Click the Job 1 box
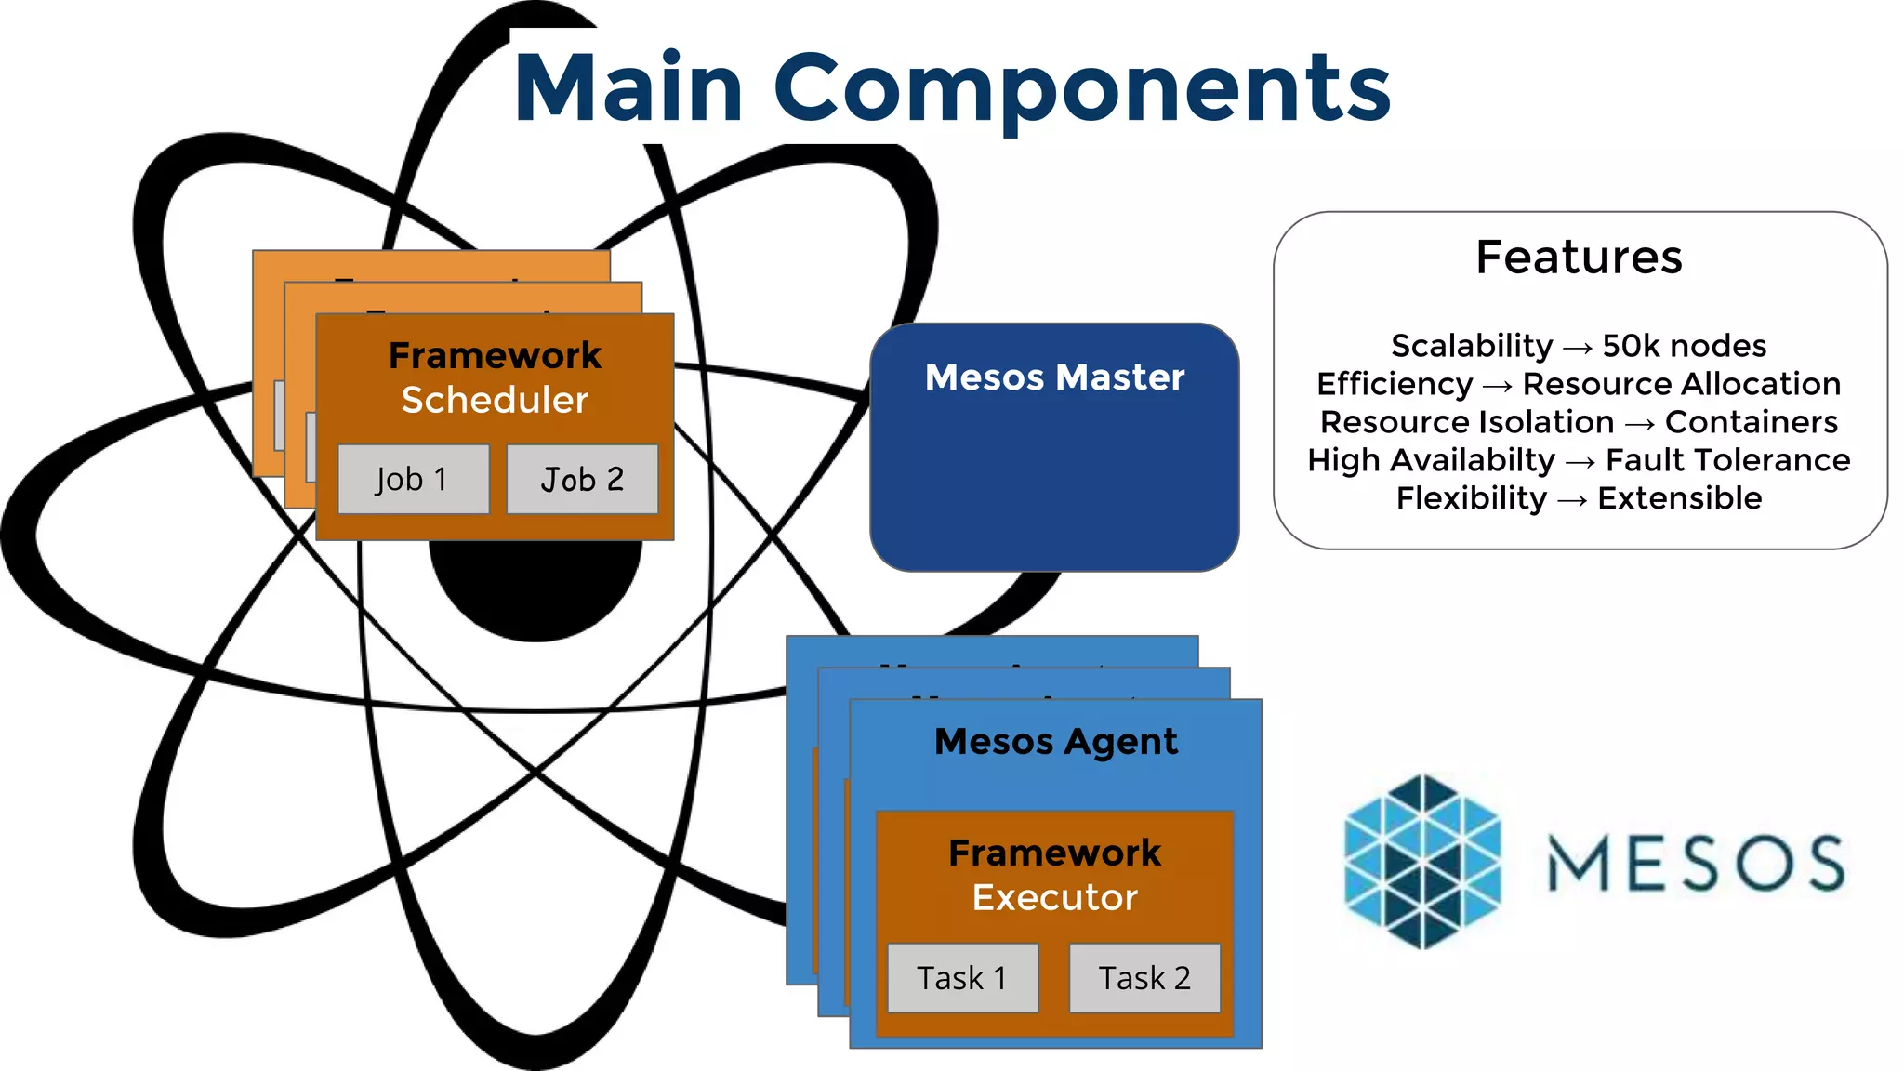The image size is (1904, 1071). point(413,479)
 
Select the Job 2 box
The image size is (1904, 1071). point(582,479)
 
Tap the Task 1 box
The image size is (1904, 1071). point(962,978)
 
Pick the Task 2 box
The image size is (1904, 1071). point(1144,978)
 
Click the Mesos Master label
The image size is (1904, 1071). point(1054,377)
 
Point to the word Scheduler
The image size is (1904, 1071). point(495,400)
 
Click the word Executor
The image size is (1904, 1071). point(1054,897)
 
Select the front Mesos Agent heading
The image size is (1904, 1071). point(1055,742)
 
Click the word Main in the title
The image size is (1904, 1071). point(628,88)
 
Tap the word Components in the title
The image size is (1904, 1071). point(1081,88)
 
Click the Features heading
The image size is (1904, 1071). point(1579,257)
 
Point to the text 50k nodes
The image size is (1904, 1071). point(1684,346)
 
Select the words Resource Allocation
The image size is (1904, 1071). point(1681,384)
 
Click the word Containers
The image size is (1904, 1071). point(1751,422)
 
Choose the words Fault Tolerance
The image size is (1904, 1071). point(1727,460)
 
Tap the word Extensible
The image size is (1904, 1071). point(1679,498)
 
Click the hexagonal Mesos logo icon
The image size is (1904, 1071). point(1422,861)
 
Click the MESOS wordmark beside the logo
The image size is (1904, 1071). point(1696,863)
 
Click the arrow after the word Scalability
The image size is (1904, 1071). point(1578,348)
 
